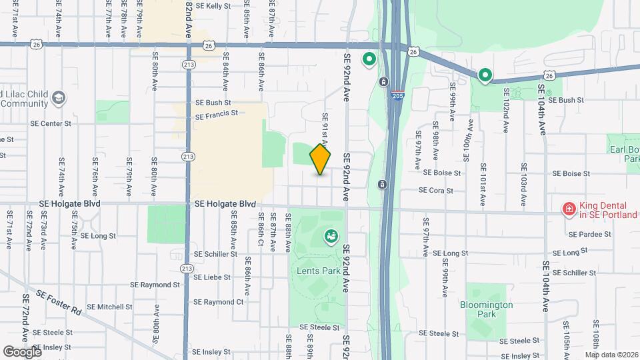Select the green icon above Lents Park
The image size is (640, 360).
pos(331,235)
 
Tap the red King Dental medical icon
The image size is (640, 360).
pos(569,210)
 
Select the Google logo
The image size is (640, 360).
pos(22,351)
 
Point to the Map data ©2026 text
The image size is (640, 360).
pos(611,355)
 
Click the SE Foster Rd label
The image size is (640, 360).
pos(59,303)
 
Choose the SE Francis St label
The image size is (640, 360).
pos(217,115)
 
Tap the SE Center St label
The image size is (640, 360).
pos(50,123)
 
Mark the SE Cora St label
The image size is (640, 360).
pos(435,190)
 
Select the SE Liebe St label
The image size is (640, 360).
pos(212,277)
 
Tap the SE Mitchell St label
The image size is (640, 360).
pos(110,307)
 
